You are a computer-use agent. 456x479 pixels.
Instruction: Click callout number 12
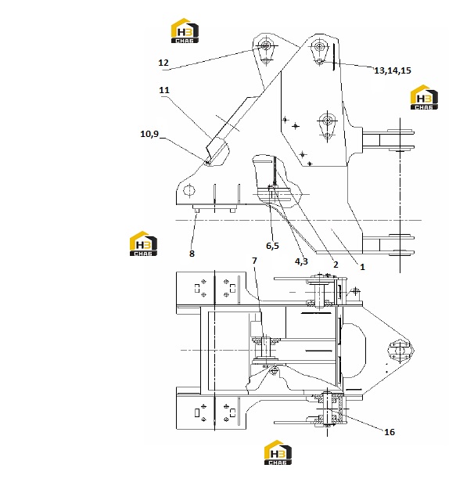click(x=163, y=63)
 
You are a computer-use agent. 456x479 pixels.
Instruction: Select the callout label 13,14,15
click(x=393, y=70)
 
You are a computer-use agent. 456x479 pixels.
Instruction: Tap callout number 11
click(x=164, y=90)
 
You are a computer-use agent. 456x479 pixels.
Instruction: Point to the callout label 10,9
click(x=149, y=134)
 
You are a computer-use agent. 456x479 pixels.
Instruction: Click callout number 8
click(x=192, y=254)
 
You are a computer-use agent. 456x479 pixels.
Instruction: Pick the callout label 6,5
click(x=272, y=246)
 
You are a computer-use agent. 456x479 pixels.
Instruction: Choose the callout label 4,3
click(x=301, y=261)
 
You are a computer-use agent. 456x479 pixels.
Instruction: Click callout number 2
click(x=336, y=265)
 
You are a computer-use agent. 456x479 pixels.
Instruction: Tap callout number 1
click(x=362, y=267)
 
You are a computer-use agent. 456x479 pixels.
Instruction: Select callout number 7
click(x=254, y=261)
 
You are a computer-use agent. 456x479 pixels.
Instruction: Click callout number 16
click(x=390, y=432)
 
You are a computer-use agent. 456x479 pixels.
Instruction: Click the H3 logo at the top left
click(x=185, y=31)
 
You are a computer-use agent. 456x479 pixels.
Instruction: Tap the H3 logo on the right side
click(x=424, y=97)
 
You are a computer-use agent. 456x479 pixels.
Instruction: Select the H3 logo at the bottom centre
click(x=278, y=452)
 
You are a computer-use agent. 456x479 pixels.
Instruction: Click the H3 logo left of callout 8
click(x=143, y=243)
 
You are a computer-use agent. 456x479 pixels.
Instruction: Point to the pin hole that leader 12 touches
click(x=266, y=46)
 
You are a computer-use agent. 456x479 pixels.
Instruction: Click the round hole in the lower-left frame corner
click(x=189, y=191)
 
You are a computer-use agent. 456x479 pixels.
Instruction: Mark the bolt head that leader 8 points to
click(x=196, y=210)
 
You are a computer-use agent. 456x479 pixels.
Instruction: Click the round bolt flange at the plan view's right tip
click(x=399, y=351)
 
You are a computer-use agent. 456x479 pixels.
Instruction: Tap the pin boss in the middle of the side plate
click(x=327, y=121)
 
